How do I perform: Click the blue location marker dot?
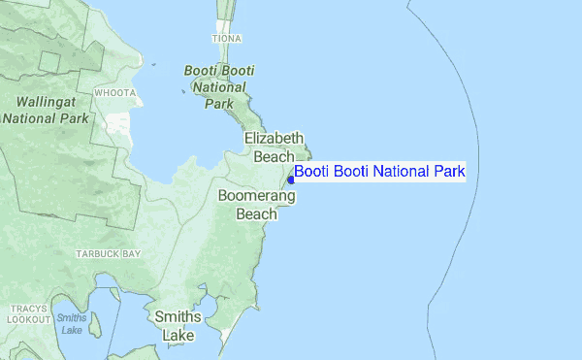pos(291,180)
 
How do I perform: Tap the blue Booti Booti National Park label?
pos(380,172)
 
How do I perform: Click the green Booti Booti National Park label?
pos(220,86)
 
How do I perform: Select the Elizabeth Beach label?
pos(275,147)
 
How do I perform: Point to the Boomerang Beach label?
pos(257,205)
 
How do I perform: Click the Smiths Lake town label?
pos(178,326)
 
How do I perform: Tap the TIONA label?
pos(226,39)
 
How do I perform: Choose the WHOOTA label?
pos(114,93)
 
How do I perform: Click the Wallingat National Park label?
pos(46,109)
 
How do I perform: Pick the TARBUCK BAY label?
pos(109,253)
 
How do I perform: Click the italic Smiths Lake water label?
pos(71,323)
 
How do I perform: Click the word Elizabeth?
pos(275,138)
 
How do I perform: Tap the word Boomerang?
pos(257,195)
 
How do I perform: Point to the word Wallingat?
pos(46,100)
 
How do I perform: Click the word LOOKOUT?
pos(29,319)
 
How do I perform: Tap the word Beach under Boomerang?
pos(257,213)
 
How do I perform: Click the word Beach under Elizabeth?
pos(275,155)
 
